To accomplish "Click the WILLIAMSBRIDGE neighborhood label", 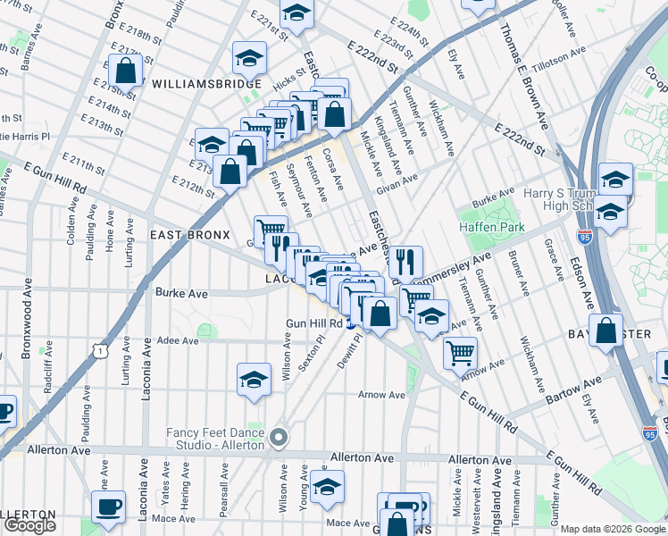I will click(206, 84).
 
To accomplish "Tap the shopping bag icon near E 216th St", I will click(126, 71).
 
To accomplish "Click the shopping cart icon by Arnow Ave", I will click(460, 352).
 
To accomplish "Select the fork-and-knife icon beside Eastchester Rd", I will click(405, 261).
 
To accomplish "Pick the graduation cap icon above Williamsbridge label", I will click(249, 58).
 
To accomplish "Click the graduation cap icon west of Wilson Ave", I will click(255, 379).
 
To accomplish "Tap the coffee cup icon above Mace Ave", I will click(110, 507).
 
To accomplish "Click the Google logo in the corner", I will click(29, 525).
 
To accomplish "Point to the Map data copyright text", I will click(613, 529).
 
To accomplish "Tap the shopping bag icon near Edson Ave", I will click(606, 330).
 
